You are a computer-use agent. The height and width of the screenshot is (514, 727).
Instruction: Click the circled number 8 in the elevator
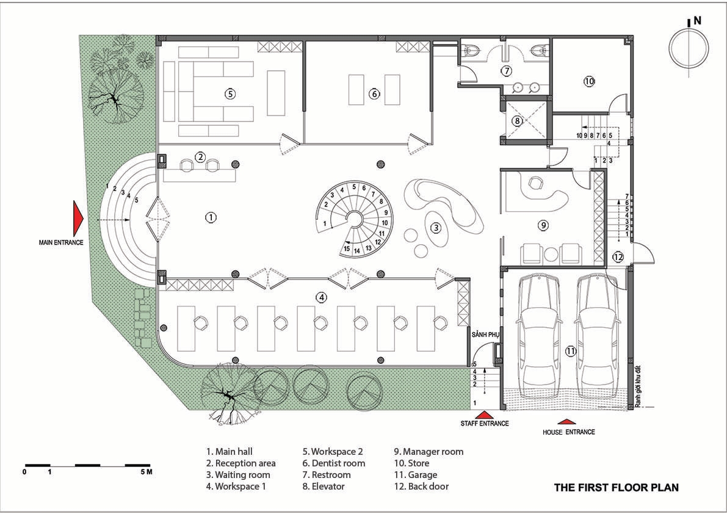[x=517, y=121]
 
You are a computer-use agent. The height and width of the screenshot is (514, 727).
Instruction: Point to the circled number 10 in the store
[x=589, y=81]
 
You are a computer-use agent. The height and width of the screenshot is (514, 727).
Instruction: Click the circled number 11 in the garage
[x=570, y=352]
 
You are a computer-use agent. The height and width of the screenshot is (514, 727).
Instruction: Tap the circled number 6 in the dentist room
[x=374, y=93]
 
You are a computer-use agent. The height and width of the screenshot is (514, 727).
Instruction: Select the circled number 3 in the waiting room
[x=435, y=228]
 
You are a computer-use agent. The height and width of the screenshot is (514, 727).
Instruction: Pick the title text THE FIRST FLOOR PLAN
[x=616, y=488]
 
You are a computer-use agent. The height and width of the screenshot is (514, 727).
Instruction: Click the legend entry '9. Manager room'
[x=429, y=452]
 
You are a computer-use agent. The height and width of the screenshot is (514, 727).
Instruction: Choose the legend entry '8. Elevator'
[x=324, y=486]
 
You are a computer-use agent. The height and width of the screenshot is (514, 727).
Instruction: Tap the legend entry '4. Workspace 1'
[x=236, y=486]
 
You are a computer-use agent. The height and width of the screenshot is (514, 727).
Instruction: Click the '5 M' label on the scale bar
[x=146, y=472]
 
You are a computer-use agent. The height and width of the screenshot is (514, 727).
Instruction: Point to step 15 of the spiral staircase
[x=347, y=248]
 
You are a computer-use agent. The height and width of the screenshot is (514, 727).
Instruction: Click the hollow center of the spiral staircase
[x=356, y=217]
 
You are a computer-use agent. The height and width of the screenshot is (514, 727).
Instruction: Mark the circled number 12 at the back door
[x=618, y=257]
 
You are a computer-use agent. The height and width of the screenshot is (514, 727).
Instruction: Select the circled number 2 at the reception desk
[x=200, y=157]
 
